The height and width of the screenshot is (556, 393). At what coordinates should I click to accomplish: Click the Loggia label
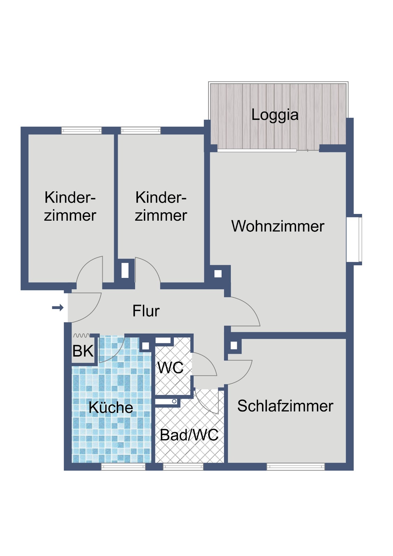click(x=275, y=115)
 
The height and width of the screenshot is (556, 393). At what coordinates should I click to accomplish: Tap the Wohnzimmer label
click(x=278, y=226)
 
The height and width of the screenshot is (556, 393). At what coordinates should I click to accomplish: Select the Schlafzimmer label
click(x=285, y=406)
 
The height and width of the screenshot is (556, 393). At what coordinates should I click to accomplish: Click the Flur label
click(x=146, y=311)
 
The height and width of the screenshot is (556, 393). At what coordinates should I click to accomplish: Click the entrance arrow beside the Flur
click(x=58, y=308)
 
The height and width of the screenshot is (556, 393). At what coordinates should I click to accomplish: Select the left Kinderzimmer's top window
click(x=81, y=130)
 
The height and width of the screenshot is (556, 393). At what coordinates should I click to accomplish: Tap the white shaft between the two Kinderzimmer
click(x=125, y=270)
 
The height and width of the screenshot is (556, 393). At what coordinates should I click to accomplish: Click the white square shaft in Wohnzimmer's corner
click(x=218, y=273)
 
